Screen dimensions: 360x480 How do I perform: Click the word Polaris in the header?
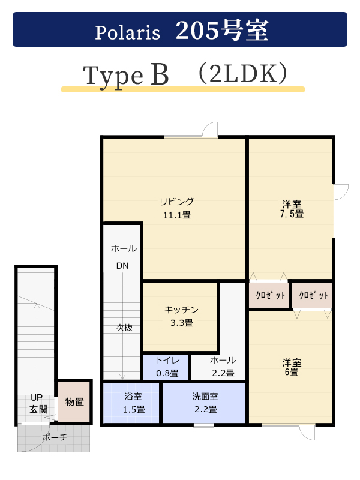(x=127, y=32)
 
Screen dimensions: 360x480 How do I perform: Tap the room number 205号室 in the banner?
(x=222, y=31)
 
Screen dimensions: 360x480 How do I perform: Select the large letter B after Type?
(x=160, y=74)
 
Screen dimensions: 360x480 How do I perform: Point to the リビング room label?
(x=177, y=202)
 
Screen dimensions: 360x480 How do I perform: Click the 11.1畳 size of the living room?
(x=177, y=215)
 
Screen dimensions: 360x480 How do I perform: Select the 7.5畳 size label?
(x=292, y=214)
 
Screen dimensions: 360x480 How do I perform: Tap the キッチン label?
(x=181, y=310)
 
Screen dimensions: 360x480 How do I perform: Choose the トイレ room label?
(x=167, y=361)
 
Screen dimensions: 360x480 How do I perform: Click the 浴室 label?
(x=133, y=397)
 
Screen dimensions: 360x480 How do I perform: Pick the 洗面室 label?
(x=205, y=397)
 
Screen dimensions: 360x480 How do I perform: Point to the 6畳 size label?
(x=292, y=372)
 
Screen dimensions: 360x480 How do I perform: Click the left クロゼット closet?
(x=269, y=295)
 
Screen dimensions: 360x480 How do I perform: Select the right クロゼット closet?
(x=313, y=295)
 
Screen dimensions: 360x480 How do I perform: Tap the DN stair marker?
(x=122, y=266)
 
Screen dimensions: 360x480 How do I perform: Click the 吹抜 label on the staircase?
(x=124, y=328)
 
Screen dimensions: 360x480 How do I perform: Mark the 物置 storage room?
(x=74, y=402)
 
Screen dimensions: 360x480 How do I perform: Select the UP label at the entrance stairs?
(x=37, y=397)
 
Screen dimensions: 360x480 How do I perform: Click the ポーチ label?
(x=55, y=437)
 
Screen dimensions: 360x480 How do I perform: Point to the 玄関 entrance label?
(x=38, y=409)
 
